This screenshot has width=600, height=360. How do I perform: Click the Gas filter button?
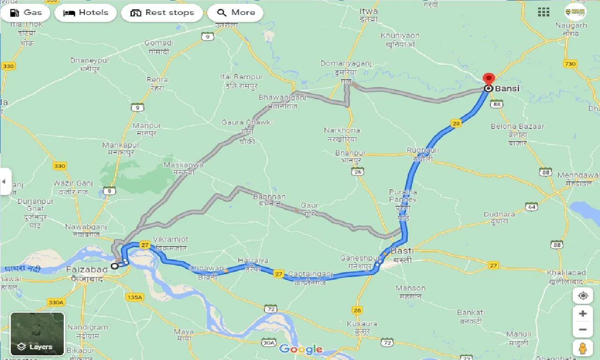(x=26, y=13)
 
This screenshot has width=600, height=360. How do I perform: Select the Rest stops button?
(x=162, y=13)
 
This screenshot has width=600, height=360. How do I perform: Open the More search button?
(x=235, y=13)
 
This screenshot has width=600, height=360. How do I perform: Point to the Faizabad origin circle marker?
(x=114, y=266)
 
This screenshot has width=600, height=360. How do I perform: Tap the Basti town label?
(x=402, y=251)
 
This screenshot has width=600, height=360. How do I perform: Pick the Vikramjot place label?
(x=171, y=240)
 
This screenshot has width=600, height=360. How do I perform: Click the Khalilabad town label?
(x=566, y=273)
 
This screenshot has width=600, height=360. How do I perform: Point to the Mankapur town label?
(x=121, y=145)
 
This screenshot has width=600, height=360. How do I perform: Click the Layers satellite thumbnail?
(x=37, y=334)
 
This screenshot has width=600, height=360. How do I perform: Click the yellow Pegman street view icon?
(x=583, y=348)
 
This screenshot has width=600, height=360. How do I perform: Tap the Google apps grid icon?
(x=544, y=12)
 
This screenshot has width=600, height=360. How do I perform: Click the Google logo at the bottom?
(x=300, y=349)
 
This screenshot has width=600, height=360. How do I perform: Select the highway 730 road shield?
(x=570, y=64)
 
